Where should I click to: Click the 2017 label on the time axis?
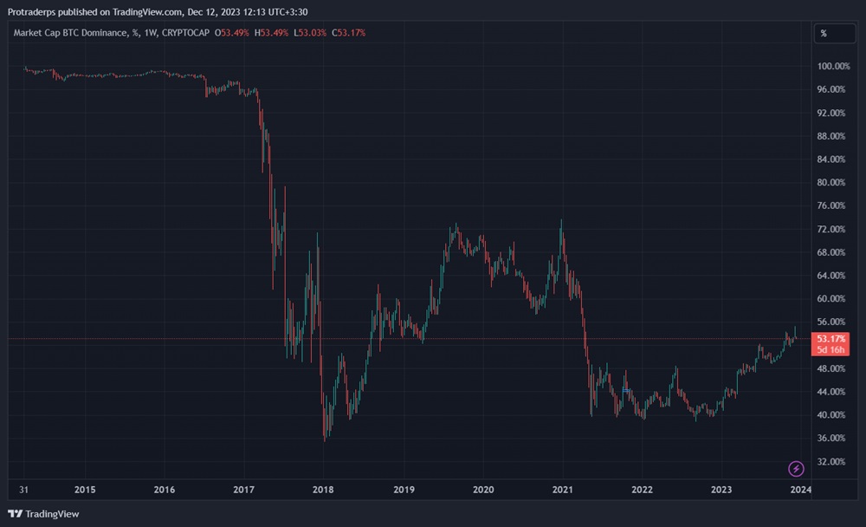[x=244, y=490]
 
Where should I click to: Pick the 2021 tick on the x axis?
[x=563, y=490]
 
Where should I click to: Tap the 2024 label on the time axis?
[x=800, y=490]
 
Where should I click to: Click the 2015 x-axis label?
[x=85, y=490]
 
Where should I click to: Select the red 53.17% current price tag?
[x=831, y=338]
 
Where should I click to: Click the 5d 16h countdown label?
[x=831, y=349]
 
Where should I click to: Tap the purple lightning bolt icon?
[x=796, y=469]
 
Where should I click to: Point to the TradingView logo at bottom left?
[x=43, y=513]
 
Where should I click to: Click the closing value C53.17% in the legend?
[x=348, y=33]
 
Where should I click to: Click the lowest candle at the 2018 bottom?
[x=325, y=439]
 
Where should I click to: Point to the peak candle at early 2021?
[x=562, y=222]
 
